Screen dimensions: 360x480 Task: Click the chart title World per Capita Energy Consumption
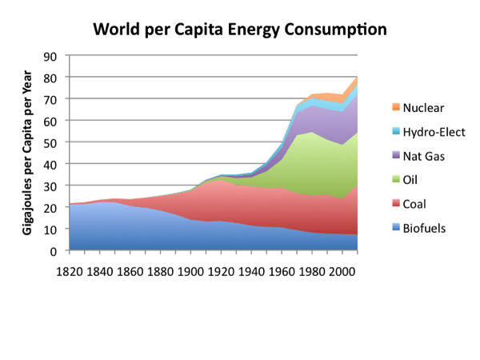point(240,30)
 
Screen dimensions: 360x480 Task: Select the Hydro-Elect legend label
point(433,132)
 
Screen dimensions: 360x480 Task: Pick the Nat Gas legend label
point(423,156)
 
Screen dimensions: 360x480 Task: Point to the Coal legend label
point(414,204)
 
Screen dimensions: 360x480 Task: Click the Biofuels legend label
point(423,228)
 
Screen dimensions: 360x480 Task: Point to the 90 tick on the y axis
point(51,56)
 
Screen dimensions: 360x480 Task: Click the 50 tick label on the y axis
point(51,142)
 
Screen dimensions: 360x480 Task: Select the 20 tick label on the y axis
point(51,207)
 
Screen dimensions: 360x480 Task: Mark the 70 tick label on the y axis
point(51,99)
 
